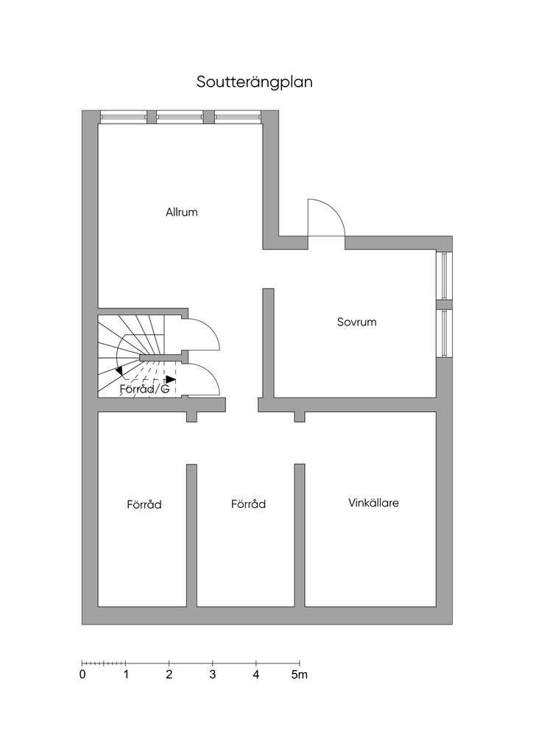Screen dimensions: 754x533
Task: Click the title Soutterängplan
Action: tap(254, 82)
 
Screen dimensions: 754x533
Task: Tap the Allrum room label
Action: tap(182, 212)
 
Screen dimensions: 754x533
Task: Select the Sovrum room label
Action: tap(357, 322)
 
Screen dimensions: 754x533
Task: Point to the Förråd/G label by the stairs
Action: tap(144, 389)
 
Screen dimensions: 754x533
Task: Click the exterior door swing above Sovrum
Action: tap(325, 219)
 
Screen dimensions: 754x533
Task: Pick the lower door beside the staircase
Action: tap(202, 380)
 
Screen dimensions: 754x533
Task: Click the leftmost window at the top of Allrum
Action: tap(123, 116)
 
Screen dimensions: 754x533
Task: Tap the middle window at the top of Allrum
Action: tap(180, 116)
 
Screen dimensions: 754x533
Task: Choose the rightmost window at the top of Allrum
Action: tap(237, 116)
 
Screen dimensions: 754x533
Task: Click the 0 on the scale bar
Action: tap(82, 674)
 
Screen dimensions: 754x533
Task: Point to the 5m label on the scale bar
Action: tap(300, 674)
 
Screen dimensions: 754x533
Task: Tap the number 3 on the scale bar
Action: tap(213, 674)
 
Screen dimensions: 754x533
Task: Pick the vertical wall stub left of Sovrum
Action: tap(269, 342)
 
